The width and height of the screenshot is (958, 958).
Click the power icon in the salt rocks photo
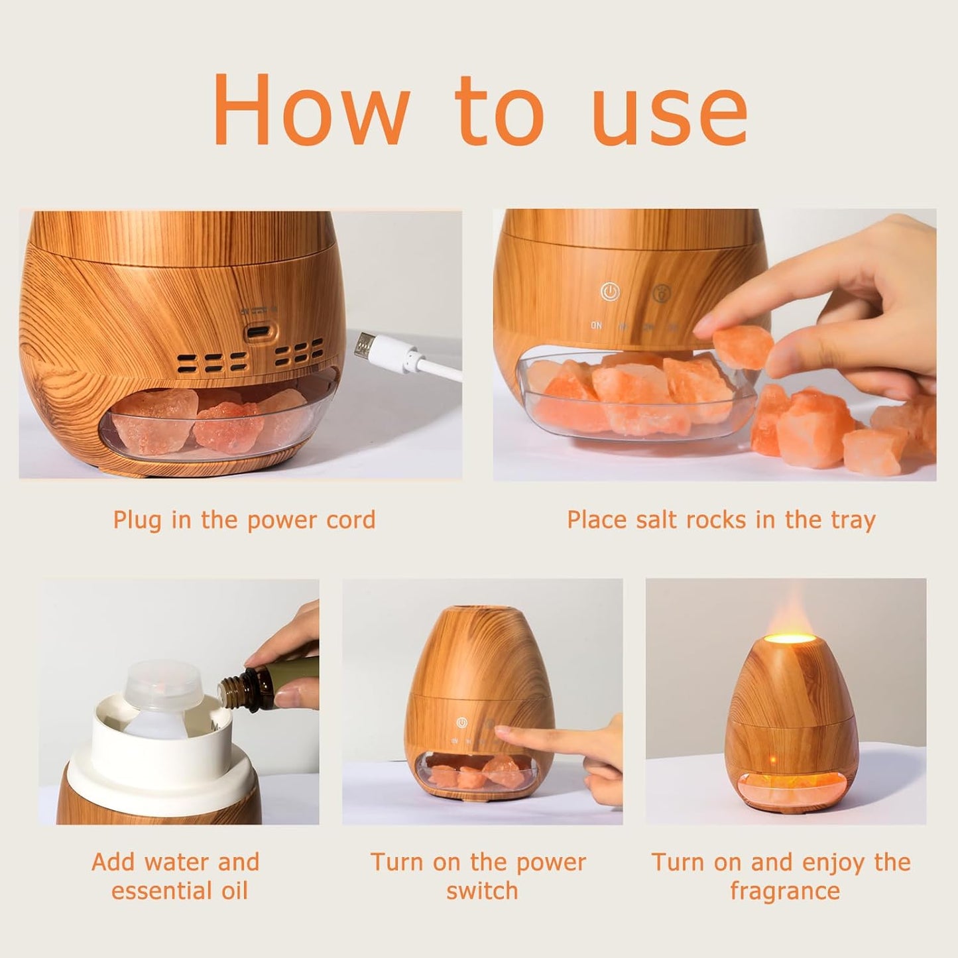point(609,292)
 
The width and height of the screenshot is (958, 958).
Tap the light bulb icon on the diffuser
point(661,292)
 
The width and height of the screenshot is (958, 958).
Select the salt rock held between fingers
point(744,347)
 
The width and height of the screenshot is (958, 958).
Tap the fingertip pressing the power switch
point(501,732)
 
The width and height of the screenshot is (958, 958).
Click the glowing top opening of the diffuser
point(788,639)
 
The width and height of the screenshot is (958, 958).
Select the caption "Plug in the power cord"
point(244,520)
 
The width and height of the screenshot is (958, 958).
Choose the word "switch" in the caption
point(482,890)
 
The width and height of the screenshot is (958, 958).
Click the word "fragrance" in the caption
point(785,890)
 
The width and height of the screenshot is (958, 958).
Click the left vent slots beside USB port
point(211,362)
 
